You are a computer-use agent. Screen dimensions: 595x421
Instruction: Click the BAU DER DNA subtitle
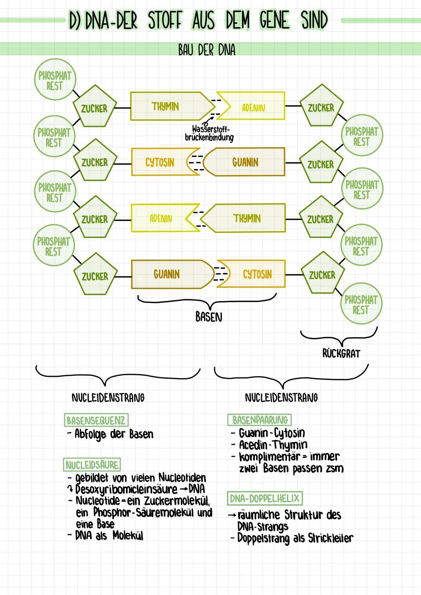pos(207,50)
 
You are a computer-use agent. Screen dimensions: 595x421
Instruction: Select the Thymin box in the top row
pos(166,107)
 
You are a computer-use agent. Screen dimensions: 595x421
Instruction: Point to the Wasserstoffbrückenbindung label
pos(209,133)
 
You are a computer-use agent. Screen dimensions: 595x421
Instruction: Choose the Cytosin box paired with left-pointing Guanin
pos(160,162)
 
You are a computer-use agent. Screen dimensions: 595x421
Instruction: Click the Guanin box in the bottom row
pos(167,274)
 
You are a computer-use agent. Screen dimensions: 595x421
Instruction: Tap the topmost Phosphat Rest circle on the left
pos(55,81)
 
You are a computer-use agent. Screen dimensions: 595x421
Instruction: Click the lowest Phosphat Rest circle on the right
pos(361,305)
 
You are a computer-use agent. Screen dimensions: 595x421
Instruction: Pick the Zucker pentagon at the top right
pos(321,107)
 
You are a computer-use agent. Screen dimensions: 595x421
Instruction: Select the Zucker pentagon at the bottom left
pos(95,276)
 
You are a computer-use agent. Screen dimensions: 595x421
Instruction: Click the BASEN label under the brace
pos(209,317)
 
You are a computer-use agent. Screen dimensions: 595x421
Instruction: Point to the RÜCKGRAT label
pos(341,353)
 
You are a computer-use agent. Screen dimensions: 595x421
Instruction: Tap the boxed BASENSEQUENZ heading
pos(96,420)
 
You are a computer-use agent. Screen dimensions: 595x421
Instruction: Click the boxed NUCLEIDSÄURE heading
pos(92,465)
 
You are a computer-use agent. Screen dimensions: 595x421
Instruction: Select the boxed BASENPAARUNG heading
pos(260,420)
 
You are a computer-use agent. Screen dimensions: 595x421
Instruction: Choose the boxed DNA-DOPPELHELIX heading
pos(265,498)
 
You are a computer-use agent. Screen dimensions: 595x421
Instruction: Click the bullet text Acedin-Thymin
pos(273,445)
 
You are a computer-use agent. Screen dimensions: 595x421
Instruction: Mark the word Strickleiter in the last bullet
pos(331,538)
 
